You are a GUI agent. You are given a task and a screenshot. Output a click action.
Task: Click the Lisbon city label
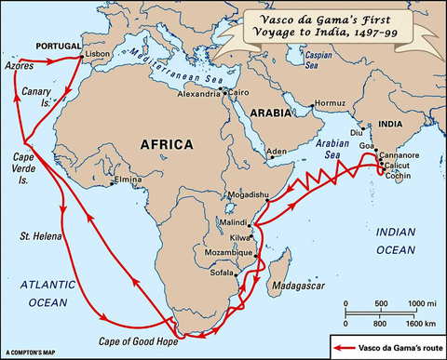97,55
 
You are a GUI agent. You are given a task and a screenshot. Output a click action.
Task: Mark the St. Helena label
39,237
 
